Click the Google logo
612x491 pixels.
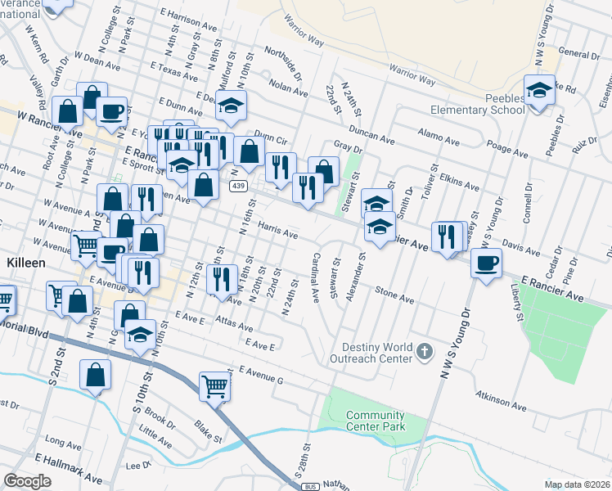tap(28, 480)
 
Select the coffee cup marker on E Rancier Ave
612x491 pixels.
tap(487, 264)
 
